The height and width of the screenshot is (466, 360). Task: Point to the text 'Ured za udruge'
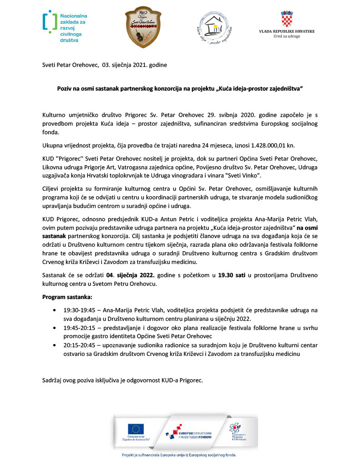point(287,36)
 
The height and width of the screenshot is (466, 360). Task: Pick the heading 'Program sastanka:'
point(67,297)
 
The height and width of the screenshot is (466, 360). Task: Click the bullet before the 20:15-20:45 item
point(55,345)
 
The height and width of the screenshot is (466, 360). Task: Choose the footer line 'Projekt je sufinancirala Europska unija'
point(179,455)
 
